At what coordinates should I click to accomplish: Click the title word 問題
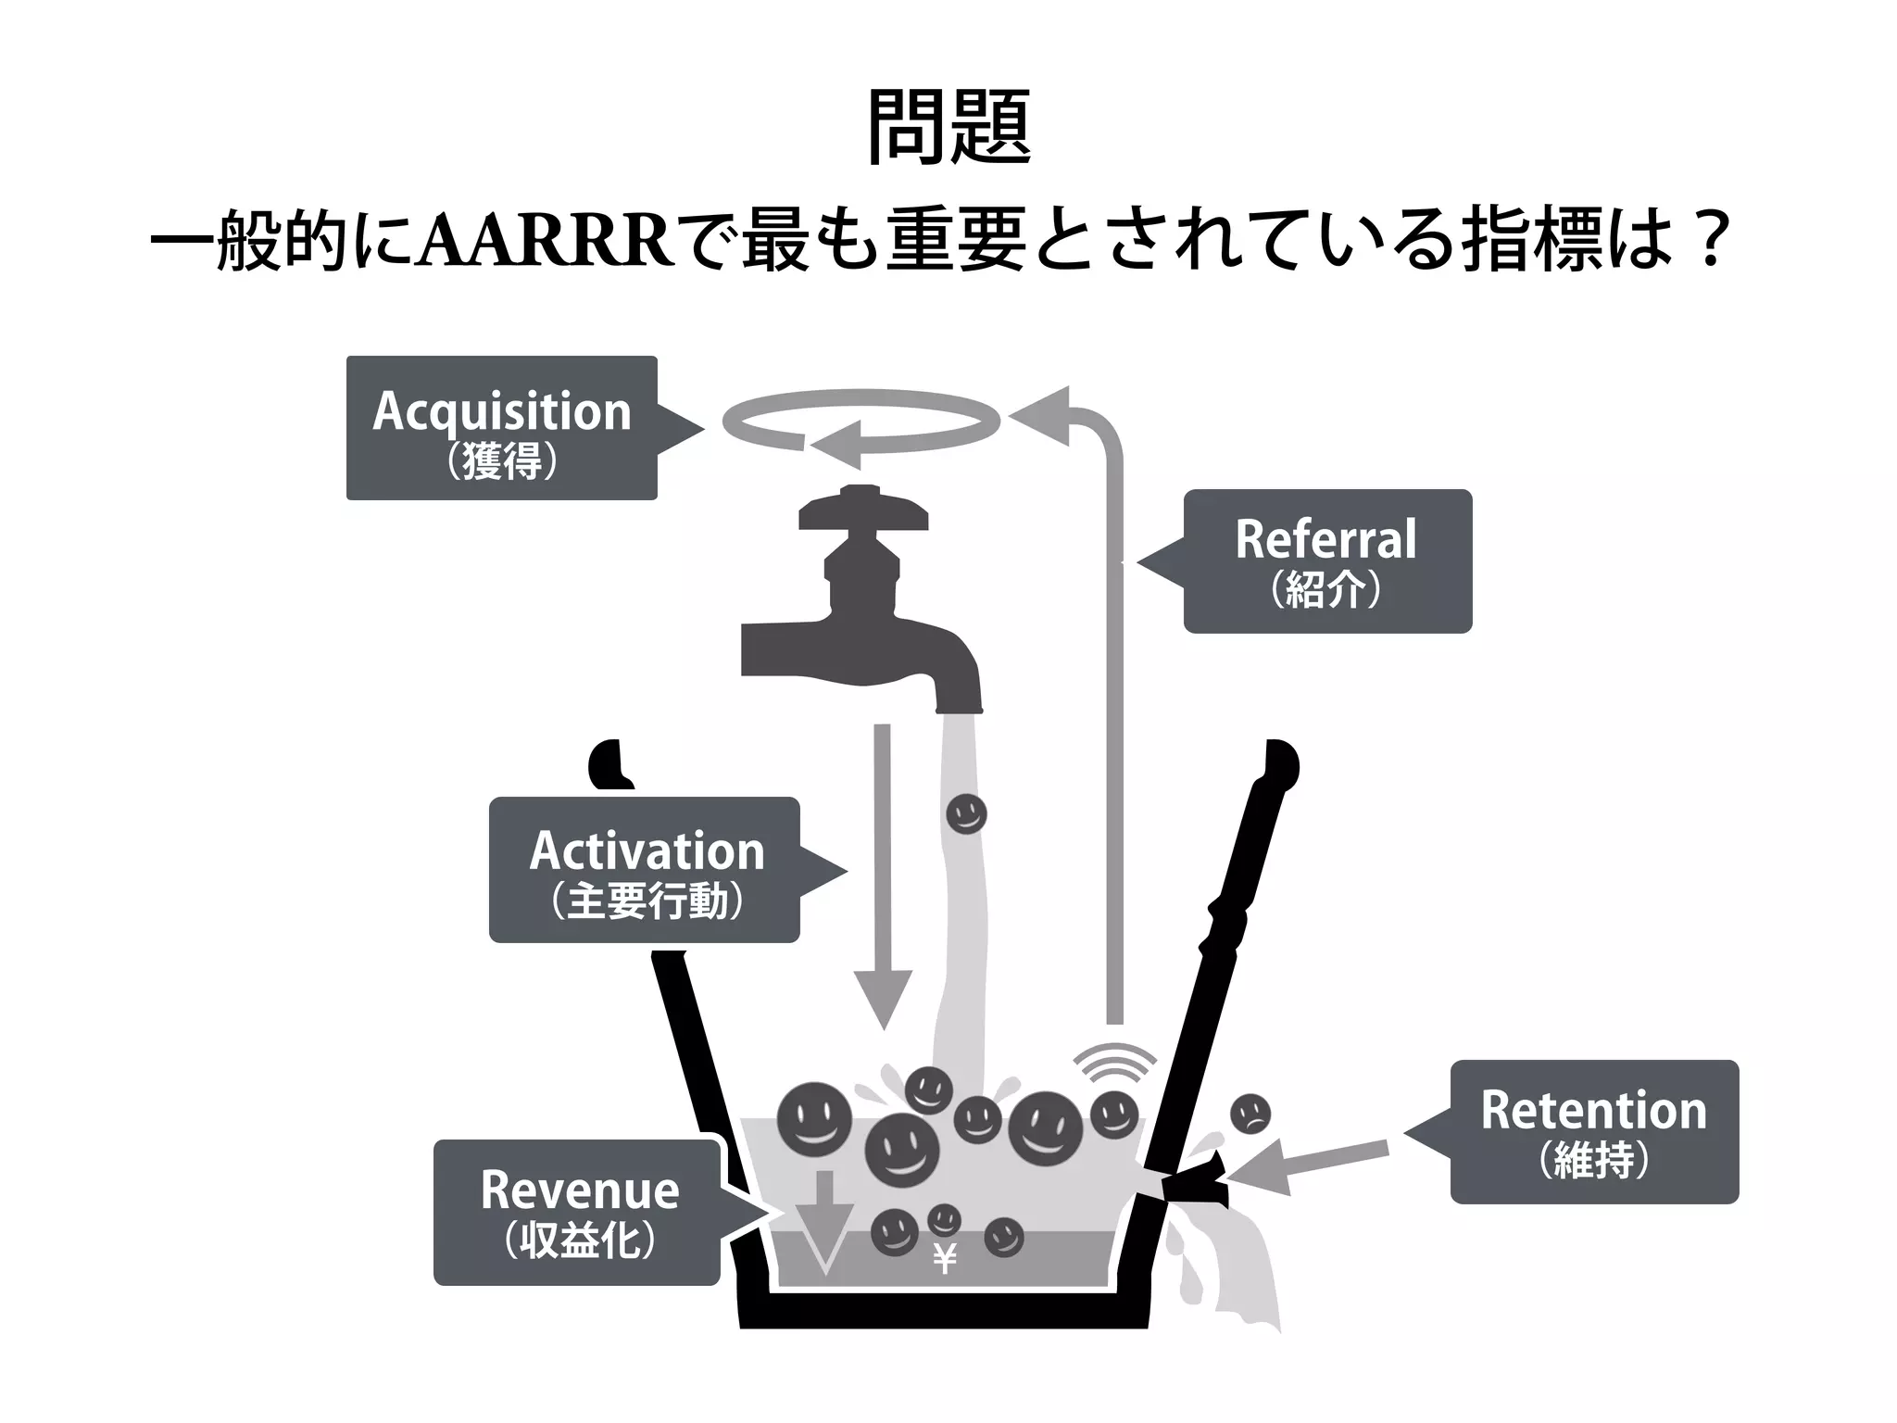pos(948,128)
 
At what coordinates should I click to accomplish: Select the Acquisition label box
pos(501,428)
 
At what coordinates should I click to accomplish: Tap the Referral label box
pos(1326,561)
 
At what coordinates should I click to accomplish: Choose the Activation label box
pos(645,870)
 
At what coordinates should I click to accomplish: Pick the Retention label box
pos(1593,1131)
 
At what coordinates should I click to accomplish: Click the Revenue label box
pos(577,1212)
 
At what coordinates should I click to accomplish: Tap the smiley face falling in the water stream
pos(966,814)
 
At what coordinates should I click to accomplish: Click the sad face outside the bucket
pos(1250,1114)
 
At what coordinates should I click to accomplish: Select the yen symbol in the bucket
pos(944,1259)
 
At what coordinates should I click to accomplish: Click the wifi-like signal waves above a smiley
pos(1115,1064)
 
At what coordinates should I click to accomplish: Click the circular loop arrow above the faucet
pos(861,422)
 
